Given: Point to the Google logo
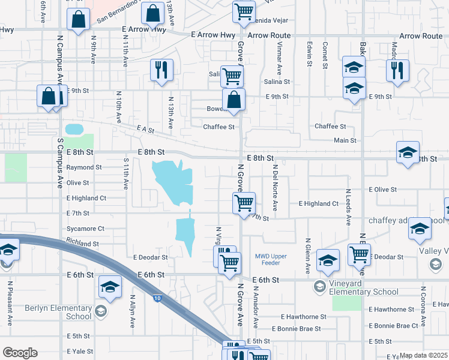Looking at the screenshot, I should point(20,353).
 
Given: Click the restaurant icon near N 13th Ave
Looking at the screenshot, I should point(161,70).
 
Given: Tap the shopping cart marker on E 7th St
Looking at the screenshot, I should point(244,203).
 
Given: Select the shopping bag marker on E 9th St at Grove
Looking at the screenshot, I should point(234,100).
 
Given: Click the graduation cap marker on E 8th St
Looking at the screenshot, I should point(408,152).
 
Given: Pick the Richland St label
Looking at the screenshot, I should point(83,244).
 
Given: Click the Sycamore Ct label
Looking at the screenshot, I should point(85,229).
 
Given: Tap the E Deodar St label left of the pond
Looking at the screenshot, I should point(150,257).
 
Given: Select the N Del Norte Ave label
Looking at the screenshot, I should point(275,188).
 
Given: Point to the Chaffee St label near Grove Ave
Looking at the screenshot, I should point(218,127).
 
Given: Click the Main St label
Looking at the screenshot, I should point(345,140).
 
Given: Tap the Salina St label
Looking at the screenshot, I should point(277,81).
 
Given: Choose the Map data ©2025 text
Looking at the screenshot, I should point(424,355).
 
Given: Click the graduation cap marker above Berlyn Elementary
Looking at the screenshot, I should point(110,288).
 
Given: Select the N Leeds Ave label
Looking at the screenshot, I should point(348,207).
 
